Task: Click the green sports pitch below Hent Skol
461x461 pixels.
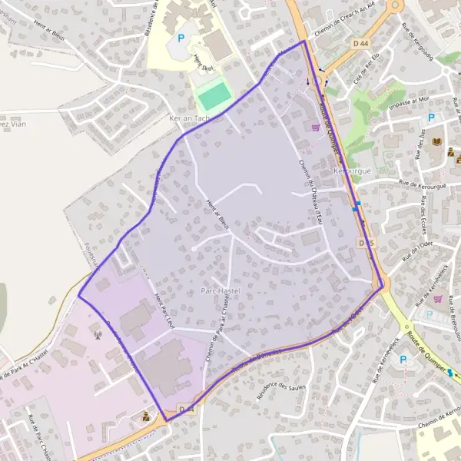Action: coord(214,95)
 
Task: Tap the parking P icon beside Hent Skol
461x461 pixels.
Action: coord(182,38)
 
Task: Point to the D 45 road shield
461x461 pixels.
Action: coord(366,243)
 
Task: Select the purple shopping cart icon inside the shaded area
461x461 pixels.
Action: coord(315,127)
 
